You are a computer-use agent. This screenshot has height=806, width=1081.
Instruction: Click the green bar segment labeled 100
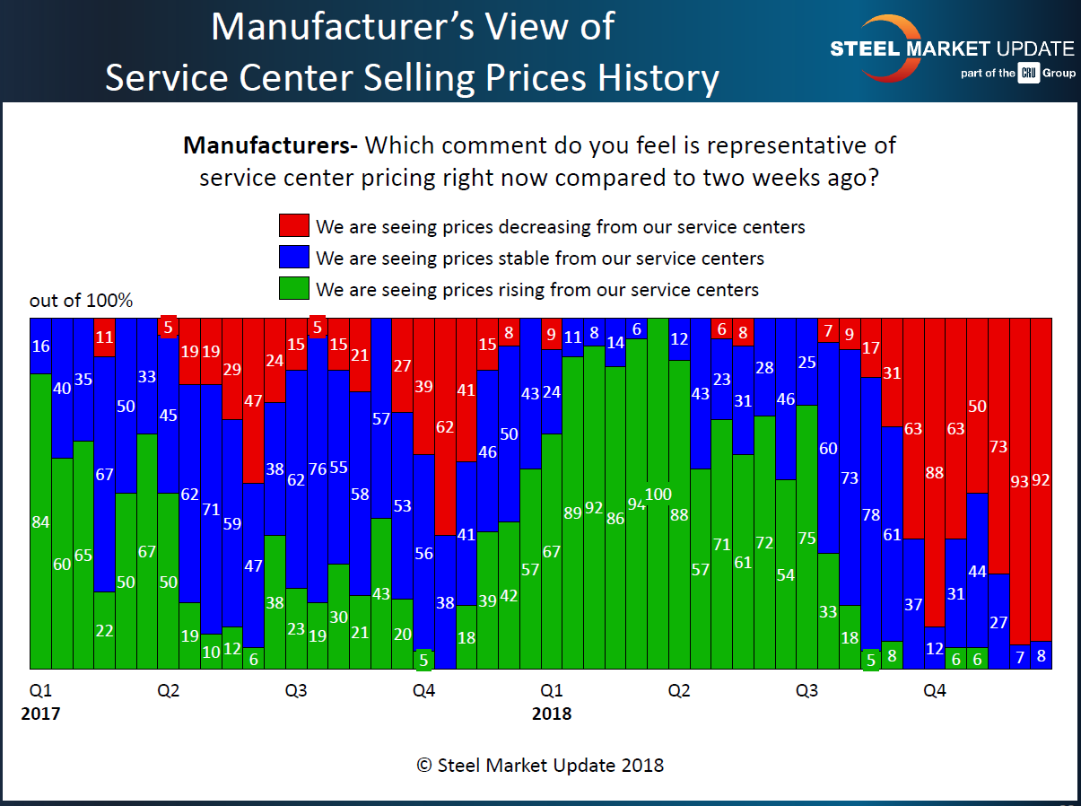tap(658, 494)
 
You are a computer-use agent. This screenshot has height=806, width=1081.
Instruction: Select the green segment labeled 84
tap(40, 521)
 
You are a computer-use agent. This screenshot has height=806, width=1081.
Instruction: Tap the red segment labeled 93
tap(1019, 481)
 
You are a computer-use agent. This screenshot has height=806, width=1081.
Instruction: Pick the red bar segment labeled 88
tap(935, 472)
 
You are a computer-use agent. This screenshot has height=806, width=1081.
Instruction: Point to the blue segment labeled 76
tap(317, 469)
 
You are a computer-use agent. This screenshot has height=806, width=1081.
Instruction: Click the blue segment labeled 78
tap(870, 513)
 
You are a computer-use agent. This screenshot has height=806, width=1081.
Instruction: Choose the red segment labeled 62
tap(445, 427)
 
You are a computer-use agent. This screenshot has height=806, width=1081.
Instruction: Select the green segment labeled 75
tap(806, 538)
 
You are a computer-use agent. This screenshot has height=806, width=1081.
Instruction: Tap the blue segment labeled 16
tap(40, 346)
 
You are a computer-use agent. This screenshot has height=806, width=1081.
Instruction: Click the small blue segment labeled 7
tap(1019, 657)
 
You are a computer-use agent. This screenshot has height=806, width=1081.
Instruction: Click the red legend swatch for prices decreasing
tap(294, 225)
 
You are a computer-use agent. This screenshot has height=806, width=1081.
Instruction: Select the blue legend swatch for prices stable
tap(294, 258)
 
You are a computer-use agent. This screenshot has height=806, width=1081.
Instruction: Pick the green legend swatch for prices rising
tap(294, 289)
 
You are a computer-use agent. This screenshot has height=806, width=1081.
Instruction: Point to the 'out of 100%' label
tap(81, 301)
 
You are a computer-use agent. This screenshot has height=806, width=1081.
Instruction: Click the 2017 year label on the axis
tap(40, 714)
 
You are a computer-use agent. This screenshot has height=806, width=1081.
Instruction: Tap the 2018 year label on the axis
tap(551, 714)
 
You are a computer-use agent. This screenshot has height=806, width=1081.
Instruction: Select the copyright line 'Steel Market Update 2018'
tap(540, 765)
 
